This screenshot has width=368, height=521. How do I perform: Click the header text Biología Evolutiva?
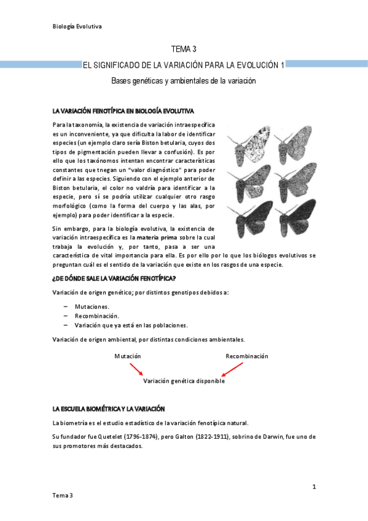point(77,26)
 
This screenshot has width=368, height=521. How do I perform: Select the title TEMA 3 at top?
point(183,49)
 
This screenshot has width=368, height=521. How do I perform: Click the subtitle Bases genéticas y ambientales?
point(183,80)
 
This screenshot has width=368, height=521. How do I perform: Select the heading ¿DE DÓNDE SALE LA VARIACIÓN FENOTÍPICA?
point(114,278)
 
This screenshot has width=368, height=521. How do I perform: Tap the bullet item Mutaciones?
point(92,306)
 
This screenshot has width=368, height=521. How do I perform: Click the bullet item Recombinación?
point(97,315)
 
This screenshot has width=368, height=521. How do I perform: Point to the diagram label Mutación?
point(128,356)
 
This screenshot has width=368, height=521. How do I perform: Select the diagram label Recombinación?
point(247,356)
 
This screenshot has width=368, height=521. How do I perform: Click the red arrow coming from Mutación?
point(136,369)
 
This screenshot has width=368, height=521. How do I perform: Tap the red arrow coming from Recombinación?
point(232,369)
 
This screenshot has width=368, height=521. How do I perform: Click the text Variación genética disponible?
point(184,381)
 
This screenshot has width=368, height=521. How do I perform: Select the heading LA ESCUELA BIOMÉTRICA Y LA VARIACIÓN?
point(109,409)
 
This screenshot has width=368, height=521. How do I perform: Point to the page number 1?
point(314,487)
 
